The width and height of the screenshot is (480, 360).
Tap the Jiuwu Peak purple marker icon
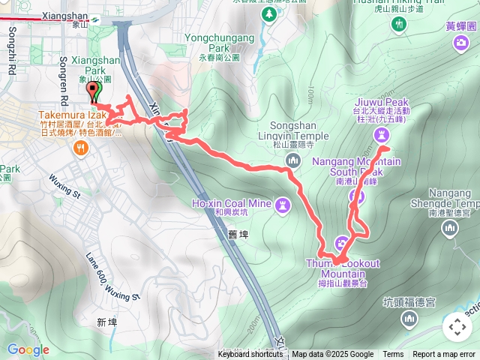pos(384,134)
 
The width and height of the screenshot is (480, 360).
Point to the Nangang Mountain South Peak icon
pos(357,197)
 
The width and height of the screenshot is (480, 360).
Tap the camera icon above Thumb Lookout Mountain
pos(341,243)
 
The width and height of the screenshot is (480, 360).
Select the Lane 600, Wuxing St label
pos(112,276)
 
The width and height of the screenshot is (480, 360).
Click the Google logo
pos(28,349)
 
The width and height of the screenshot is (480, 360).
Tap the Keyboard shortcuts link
pos(250,355)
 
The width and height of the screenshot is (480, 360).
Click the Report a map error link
pos(444,355)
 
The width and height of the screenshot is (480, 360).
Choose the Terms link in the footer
pos(393,355)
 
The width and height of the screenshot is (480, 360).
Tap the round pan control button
pos(457,327)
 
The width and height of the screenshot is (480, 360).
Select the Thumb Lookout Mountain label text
pos(343,268)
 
